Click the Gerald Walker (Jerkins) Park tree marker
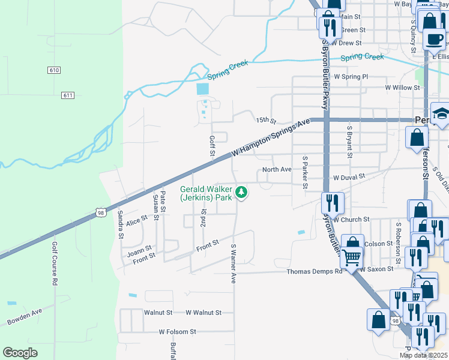coord(241,193)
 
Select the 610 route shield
coord(54,70)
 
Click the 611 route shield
coord(67,95)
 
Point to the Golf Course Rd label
coord(54,264)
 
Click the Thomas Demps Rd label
coord(314,272)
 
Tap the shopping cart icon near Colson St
coord(352,257)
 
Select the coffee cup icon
coord(434,40)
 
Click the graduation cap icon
coord(440,114)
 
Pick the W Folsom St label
coord(178,332)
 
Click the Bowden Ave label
coord(25,317)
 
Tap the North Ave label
coord(277,170)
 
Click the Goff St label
coord(212,146)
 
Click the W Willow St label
coord(402,88)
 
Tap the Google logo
coord(20,353)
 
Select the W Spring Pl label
coord(351,77)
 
